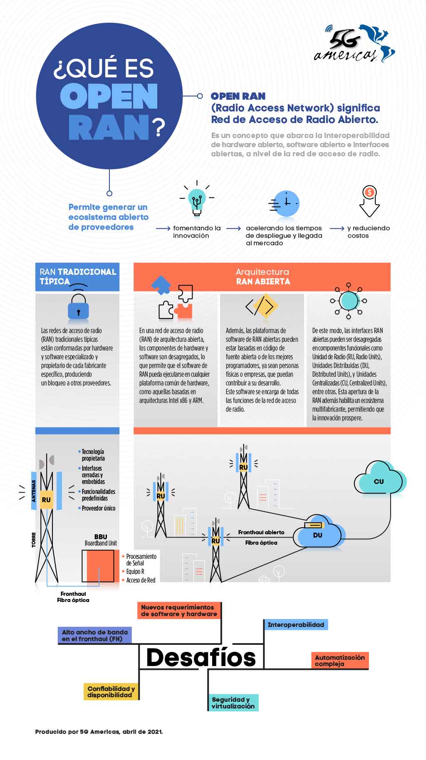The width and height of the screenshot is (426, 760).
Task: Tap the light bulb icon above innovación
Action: tap(197, 200)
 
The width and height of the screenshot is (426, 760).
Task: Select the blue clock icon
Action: tap(286, 204)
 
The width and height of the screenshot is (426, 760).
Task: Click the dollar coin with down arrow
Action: tap(369, 201)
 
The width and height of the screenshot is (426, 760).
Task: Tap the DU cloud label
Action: tap(317, 535)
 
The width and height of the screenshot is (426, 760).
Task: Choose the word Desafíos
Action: tap(201, 657)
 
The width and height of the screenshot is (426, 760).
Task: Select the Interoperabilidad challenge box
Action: tap(296, 624)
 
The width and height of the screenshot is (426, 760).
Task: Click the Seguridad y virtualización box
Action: tap(233, 703)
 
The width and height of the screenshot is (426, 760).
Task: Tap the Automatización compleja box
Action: tap(339, 660)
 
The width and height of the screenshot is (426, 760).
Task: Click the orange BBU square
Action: tap(100, 566)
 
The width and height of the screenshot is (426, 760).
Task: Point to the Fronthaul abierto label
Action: tap(261, 532)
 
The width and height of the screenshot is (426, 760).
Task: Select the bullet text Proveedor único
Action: tap(98, 508)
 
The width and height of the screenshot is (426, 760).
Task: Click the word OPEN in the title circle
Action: tap(109, 96)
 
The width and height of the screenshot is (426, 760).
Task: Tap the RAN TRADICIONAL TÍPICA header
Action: tap(77, 276)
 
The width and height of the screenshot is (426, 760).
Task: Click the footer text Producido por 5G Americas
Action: tap(99, 731)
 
